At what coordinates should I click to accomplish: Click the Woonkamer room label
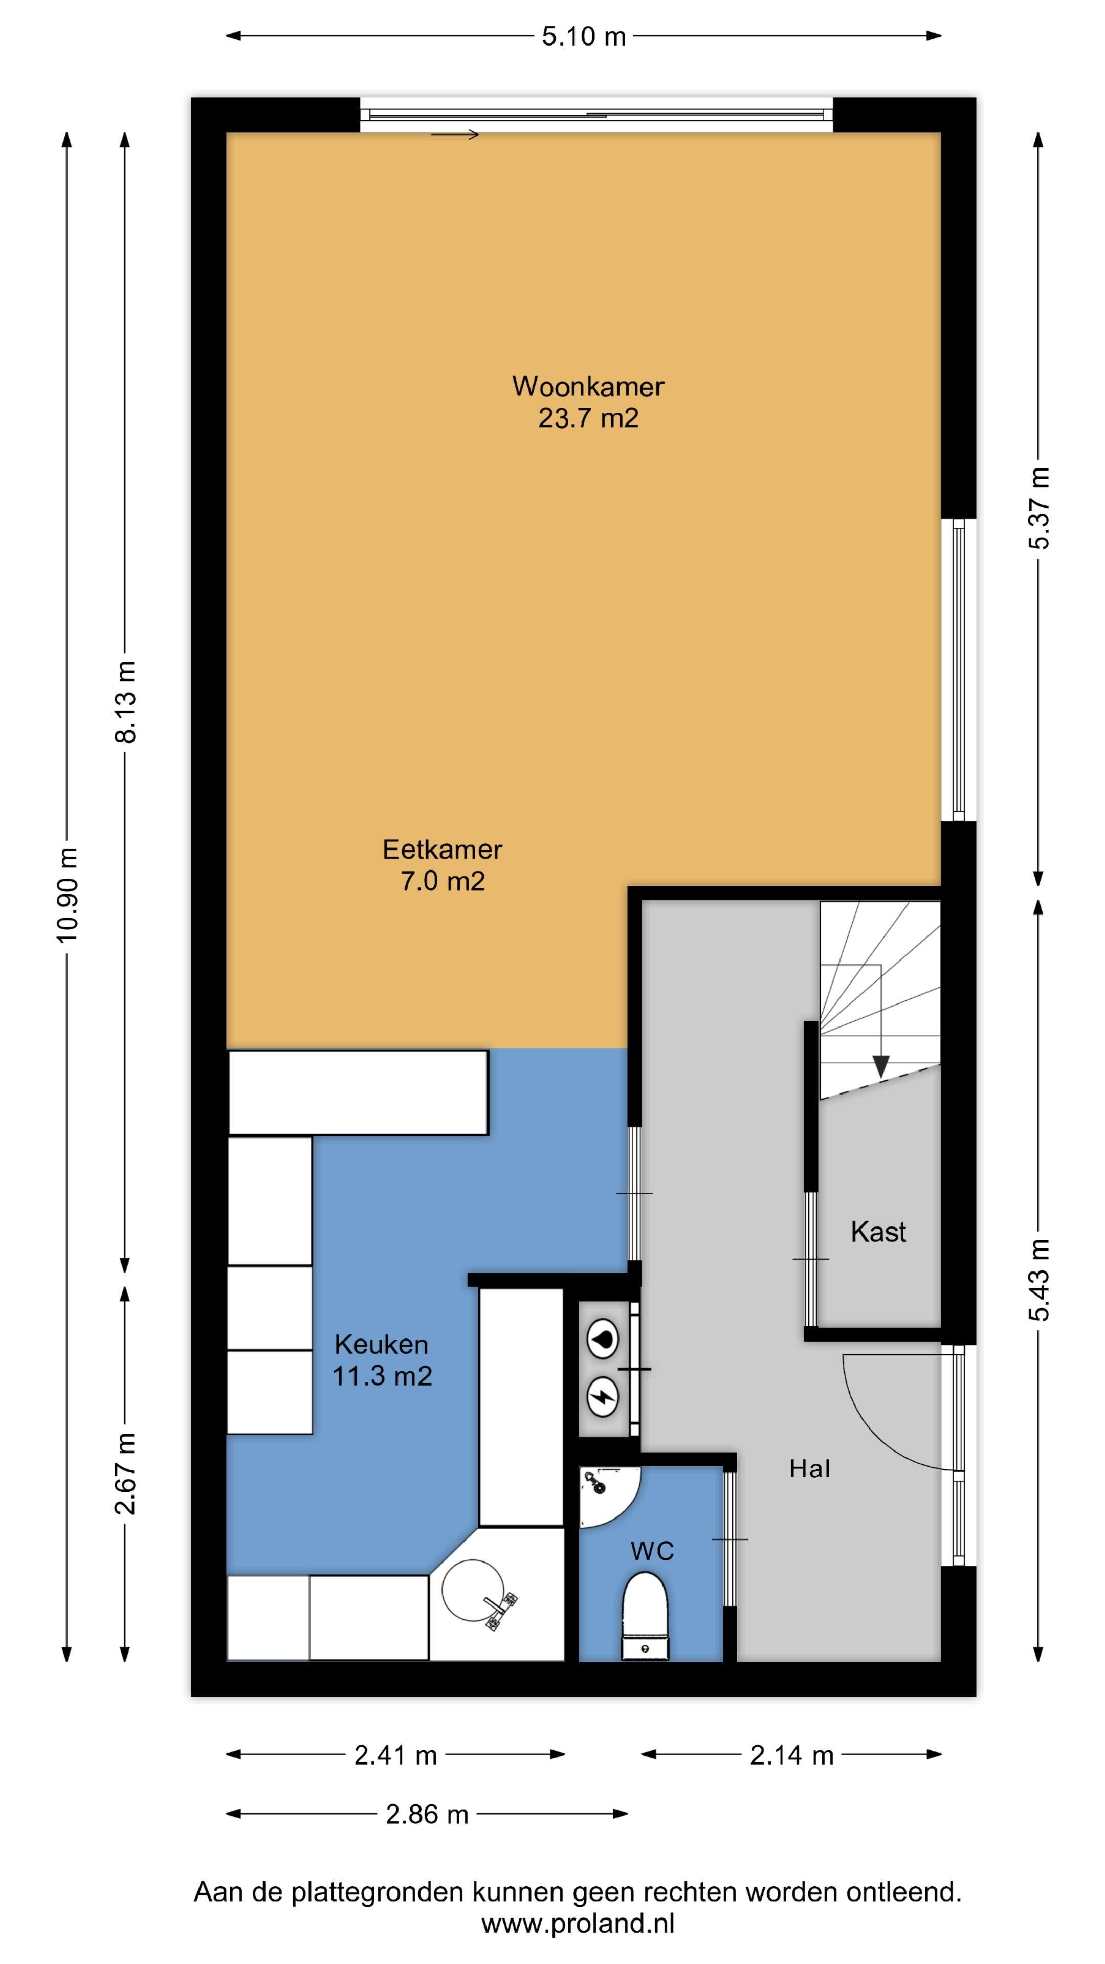[588, 402]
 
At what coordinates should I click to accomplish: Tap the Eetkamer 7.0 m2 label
[443, 865]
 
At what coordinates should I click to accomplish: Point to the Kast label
[878, 1233]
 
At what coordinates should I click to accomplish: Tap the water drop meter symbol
[603, 1340]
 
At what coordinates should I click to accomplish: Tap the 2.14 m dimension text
[791, 1755]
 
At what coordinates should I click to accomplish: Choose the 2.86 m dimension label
[427, 1814]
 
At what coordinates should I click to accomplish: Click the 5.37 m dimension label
[1038, 508]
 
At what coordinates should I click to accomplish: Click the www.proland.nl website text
[578, 1923]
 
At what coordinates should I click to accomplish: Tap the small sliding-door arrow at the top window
[454, 135]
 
